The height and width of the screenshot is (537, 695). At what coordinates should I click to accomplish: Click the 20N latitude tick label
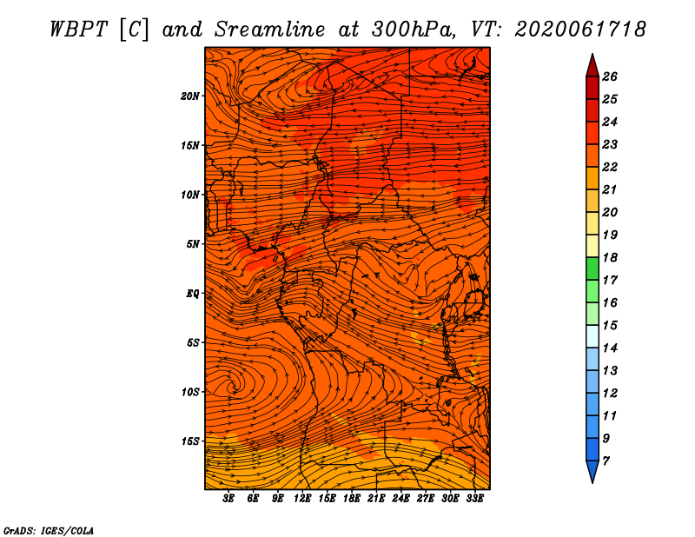click(189, 96)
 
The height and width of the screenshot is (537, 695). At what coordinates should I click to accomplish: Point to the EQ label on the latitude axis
click(192, 293)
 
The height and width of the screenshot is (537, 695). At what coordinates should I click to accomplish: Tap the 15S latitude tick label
click(190, 441)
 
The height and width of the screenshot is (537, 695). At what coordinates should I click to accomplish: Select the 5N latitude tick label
click(193, 244)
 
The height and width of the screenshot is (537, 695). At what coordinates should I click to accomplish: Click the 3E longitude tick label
click(228, 499)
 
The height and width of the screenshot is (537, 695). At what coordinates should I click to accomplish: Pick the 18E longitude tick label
click(352, 499)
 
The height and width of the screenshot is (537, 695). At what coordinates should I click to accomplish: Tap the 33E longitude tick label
click(474, 499)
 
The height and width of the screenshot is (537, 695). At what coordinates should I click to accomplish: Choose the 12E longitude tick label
click(302, 499)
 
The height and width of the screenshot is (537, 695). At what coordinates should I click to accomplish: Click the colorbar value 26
click(610, 76)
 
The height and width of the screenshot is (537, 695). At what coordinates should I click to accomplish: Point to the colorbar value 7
click(606, 461)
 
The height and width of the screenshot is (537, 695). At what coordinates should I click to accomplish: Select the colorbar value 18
click(610, 257)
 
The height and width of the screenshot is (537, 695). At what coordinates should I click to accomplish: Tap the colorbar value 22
click(610, 167)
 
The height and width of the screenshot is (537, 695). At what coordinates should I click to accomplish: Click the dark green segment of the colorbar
click(592, 268)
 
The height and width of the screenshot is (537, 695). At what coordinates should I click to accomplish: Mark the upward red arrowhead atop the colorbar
click(592, 66)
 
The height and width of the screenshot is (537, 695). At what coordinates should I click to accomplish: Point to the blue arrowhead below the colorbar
click(592, 472)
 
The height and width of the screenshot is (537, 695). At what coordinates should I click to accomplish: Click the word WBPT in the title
click(78, 30)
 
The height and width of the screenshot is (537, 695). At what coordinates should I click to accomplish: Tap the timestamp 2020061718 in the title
click(580, 30)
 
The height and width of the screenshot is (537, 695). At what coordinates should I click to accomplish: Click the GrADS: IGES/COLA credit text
click(49, 531)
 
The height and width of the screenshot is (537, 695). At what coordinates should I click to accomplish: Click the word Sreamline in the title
click(270, 30)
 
